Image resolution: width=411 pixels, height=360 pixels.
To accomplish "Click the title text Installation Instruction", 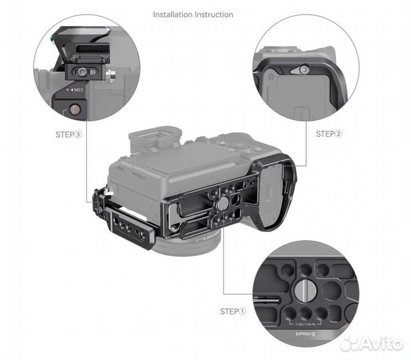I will click(x=193, y=14).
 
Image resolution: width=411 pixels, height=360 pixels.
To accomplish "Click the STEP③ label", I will click(x=69, y=134).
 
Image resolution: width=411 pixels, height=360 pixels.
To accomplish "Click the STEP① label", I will click(x=233, y=311).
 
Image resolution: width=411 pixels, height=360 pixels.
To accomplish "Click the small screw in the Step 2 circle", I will click(x=304, y=69).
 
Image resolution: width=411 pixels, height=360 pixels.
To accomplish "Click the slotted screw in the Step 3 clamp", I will click(x=82, y=71).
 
